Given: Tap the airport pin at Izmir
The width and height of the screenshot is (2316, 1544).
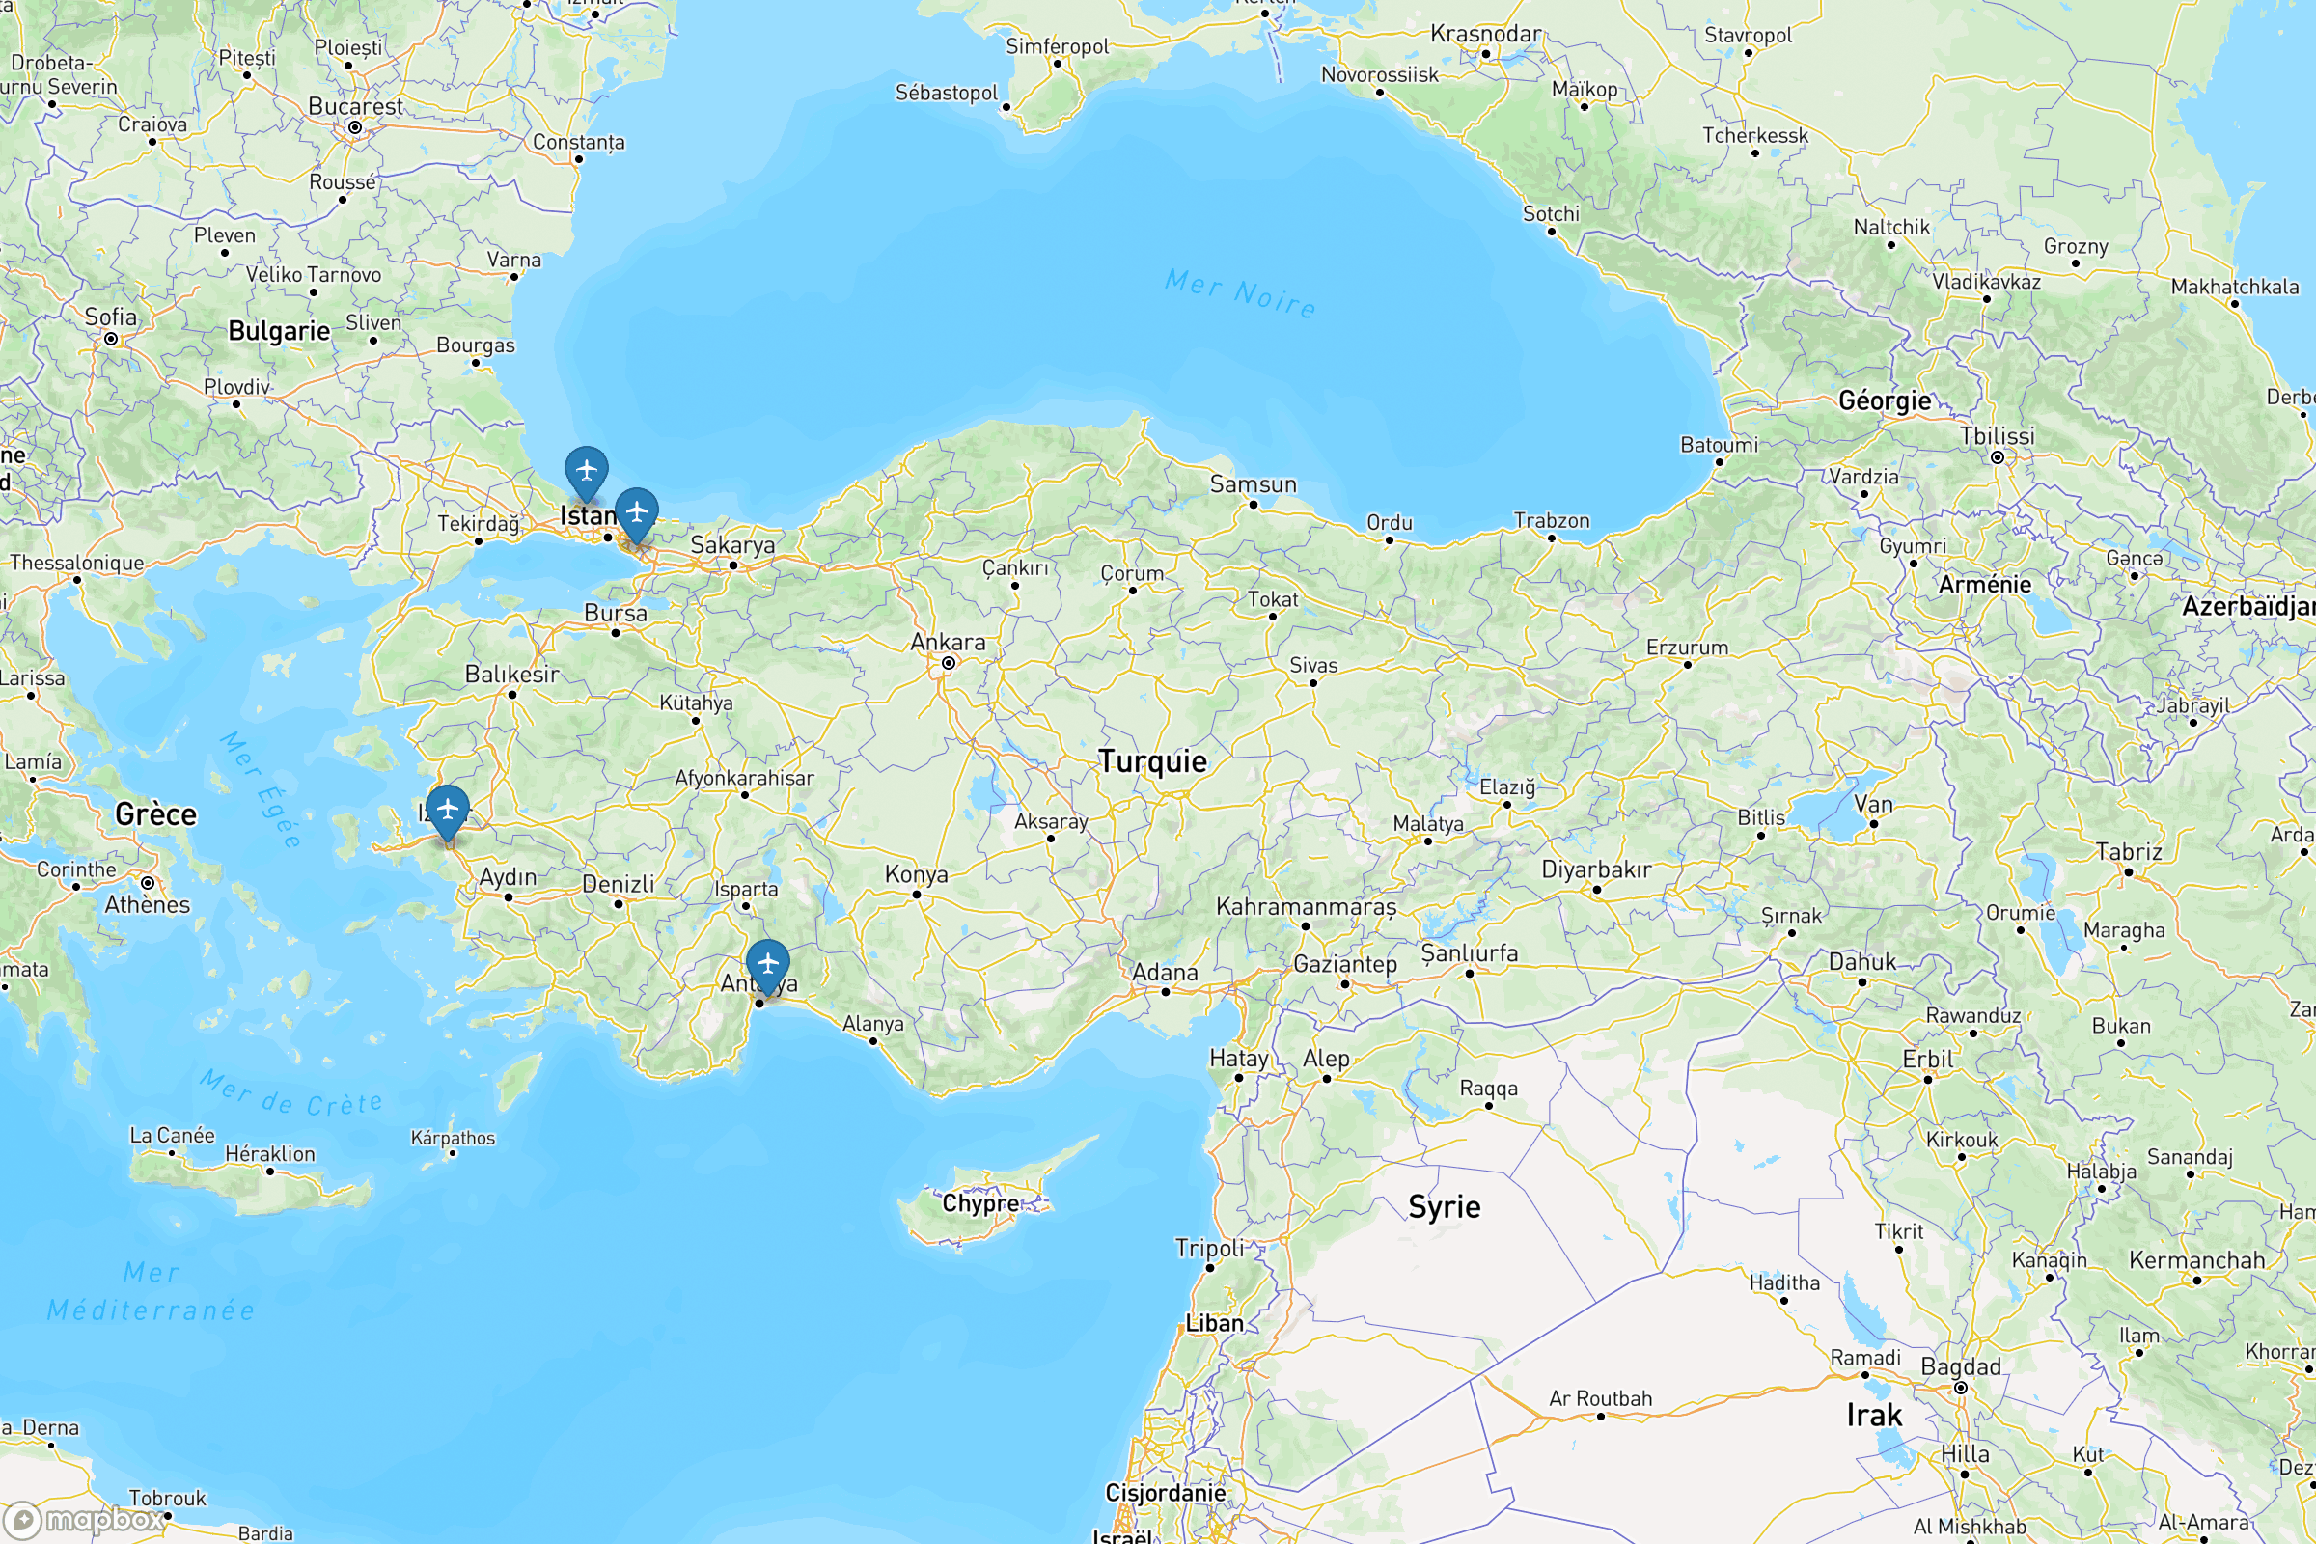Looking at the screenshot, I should (x=447, y=811).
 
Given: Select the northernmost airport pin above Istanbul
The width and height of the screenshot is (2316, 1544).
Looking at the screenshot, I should (x=586, y=471).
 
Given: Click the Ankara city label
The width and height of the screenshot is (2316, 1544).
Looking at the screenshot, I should (x=948, y=643).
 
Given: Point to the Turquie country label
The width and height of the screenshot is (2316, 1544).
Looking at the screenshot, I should (x=1152, y=761).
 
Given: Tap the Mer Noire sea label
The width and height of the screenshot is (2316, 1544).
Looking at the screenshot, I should (x=1240, y=293).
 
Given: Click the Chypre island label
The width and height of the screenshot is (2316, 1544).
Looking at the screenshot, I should (x=979, y=1203).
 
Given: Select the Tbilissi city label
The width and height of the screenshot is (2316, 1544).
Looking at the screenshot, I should (x=1996, y=436).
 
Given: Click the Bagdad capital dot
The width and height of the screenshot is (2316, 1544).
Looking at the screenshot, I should (x=1961, y=1389).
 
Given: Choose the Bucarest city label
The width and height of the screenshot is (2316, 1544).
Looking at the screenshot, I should (x=355, y=106).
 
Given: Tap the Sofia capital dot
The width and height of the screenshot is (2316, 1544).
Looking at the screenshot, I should (x=111, y=340).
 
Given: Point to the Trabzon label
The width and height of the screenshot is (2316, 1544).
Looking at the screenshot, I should (x=1551, y=520).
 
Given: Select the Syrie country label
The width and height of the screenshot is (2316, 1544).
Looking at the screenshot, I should (x=1444, y=1206).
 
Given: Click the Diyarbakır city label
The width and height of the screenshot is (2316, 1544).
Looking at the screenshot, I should (x=1595, y=869).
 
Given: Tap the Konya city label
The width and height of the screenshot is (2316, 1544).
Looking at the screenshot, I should (x=916, y=874).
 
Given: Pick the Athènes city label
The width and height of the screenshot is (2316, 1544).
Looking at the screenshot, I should (x=148, y=905).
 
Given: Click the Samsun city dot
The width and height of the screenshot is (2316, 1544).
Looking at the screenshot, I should (x=1253, y=505).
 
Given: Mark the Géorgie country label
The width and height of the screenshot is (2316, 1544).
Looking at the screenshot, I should (x=1885, y=400).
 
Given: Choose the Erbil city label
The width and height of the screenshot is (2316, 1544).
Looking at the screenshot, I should (x=1927, y=1060).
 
